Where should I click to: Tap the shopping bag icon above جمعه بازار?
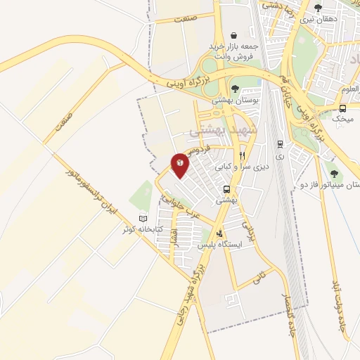pos(233,34)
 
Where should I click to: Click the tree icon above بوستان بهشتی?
pos(233,89)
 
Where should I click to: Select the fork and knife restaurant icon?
pos(242,155)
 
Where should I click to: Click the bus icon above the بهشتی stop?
pos(226,189)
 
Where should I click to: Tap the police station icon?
pos(221,233)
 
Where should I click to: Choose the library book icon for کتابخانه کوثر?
pos(143,219)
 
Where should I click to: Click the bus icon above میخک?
pos(342,108)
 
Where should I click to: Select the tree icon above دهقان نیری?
pos(318,8)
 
